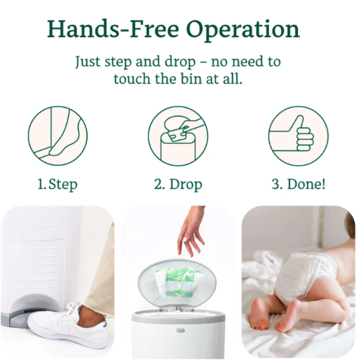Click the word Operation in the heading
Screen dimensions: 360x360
(243, 30)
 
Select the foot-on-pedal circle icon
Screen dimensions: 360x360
(58, 136)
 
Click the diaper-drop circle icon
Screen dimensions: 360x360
(178, 136)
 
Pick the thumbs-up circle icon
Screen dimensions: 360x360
(298, 136)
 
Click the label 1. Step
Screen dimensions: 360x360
(57, 184)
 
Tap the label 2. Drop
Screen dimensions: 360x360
(178, 184)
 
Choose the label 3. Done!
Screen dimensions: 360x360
(298, 184)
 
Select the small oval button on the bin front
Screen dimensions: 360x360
(180, 330)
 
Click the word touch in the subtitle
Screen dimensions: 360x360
(132, 79)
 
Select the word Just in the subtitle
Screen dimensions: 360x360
(88, 62)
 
